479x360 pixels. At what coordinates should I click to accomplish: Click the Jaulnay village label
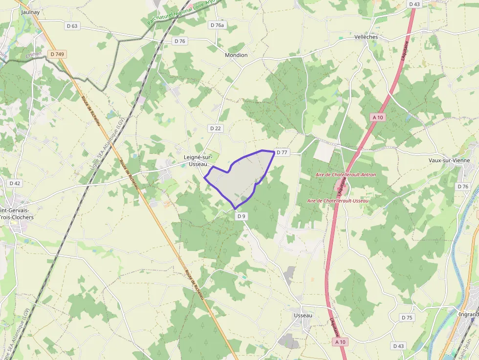pos(30,12)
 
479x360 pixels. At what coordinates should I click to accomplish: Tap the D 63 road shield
pos(71,26)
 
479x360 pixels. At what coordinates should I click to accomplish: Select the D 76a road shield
pos(217,25)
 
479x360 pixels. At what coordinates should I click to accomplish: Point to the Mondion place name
pos(236,55)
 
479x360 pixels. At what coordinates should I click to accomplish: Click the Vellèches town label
pos(366,37)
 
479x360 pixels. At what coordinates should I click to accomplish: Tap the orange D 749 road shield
pos(57,54)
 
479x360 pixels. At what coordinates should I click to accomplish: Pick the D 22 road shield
pos(215,128)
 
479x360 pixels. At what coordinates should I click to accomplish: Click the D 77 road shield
pos(282,152)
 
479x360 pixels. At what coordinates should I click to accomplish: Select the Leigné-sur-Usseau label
pos(198,160)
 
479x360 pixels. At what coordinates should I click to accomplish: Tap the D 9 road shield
pos(241,215)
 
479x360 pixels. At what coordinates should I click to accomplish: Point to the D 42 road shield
pos(15,183)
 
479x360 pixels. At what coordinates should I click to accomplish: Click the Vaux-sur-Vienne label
pos(449,160)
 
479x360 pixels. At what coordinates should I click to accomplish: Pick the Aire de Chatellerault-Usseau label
pos(338,200)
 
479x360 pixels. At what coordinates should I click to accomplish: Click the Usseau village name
pos(303,316)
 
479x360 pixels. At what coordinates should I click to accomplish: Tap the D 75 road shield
pos(407,318)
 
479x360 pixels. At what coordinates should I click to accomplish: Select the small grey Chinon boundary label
pos(34,55)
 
